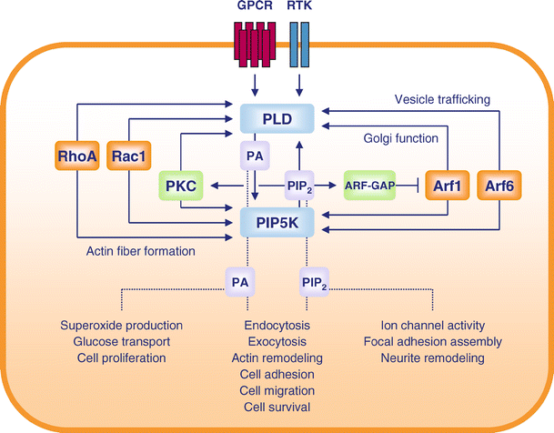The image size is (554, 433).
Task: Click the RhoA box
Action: (77, 158)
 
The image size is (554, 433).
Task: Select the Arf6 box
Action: (499, 185)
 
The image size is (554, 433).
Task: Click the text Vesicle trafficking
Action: (442, 97)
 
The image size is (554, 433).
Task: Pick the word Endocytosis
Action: (277, 326)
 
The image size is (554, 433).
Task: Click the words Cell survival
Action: (277, 407)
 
